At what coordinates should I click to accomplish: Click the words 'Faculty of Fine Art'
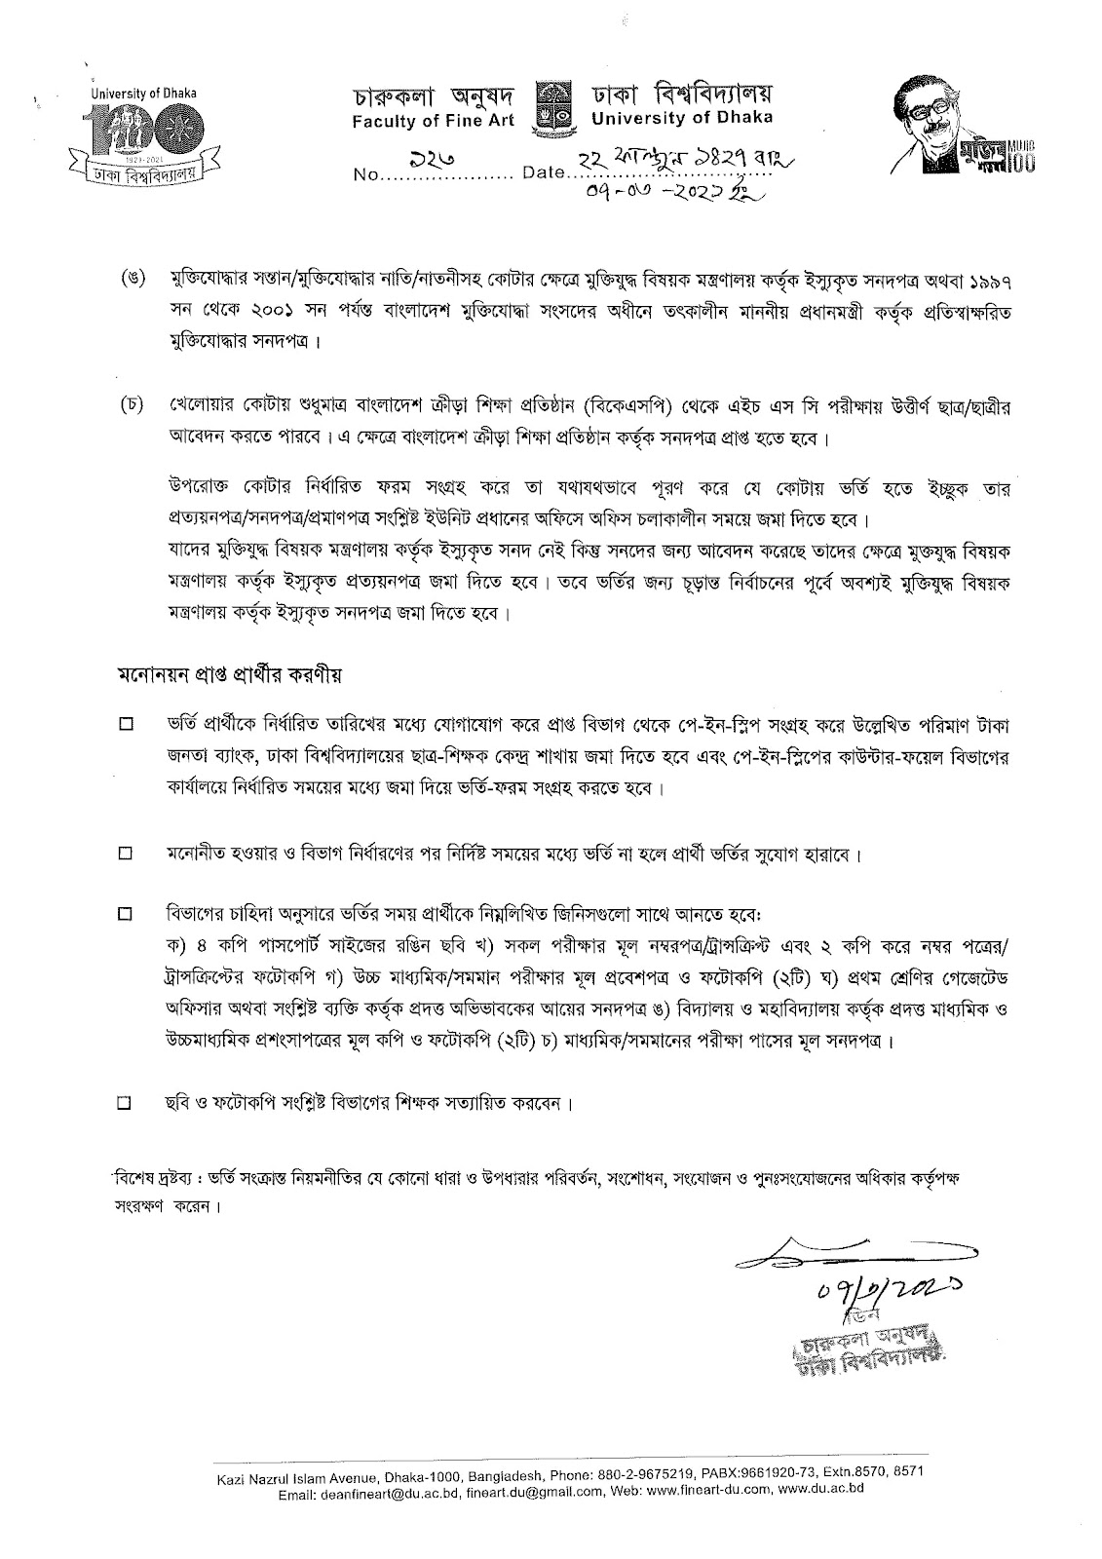pos(437,119)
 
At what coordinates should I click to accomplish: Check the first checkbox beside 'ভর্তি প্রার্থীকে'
pos(125,725)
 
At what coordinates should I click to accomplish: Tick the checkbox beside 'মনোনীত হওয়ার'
pos(125,855)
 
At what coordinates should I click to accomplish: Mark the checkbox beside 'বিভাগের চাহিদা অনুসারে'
pos(125,915)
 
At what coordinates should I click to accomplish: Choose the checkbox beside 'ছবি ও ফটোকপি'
pos(125,1104)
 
